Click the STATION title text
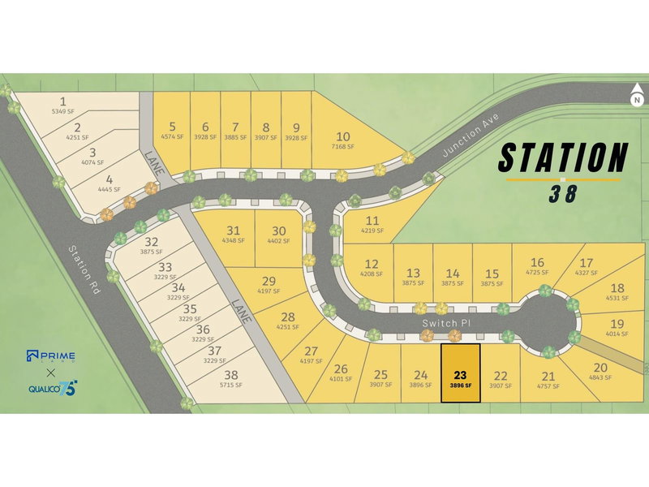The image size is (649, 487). point(562,157)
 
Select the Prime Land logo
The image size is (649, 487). point(50,356)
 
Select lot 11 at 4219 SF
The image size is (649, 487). point(372,225)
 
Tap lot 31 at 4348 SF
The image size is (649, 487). point(234,235)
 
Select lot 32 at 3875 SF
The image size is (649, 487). point(151,246)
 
